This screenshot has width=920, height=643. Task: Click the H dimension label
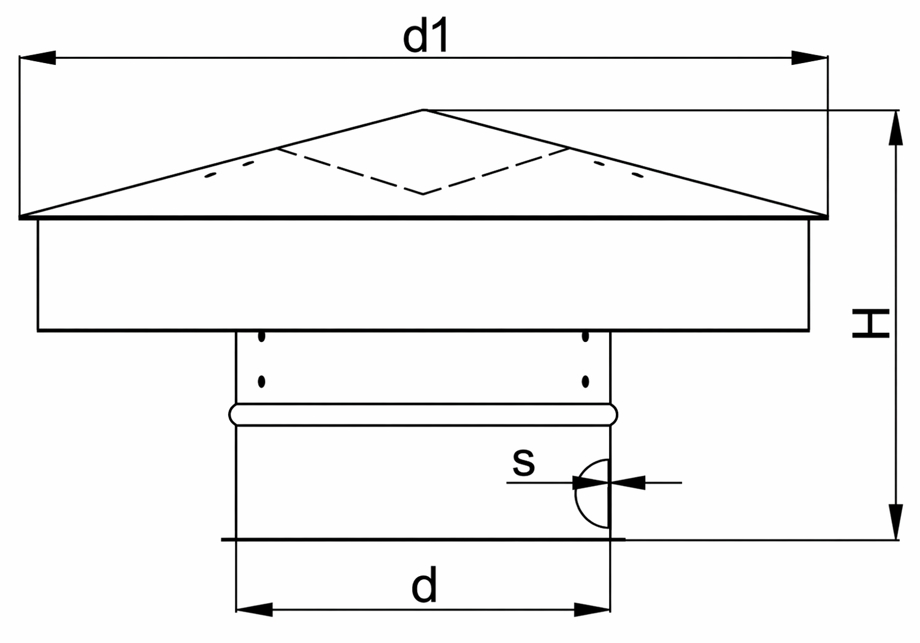[x=871, y=324]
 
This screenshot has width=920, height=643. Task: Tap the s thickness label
[x=524, y=463]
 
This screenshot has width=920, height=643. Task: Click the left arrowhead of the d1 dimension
[x=37, y=58]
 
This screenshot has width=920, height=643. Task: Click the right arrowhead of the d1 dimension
[x=810, y=58]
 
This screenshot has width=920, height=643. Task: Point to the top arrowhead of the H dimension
[x=895, y=127]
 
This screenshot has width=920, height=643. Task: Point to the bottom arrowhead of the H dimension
[x=895, y=522]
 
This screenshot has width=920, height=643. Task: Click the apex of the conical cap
[x=423, y=110]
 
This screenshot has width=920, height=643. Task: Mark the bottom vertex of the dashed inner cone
[x=423, y=194]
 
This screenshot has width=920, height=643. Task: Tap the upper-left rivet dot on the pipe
[x=262, y=337]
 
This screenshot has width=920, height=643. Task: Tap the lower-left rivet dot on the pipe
[x=262, y=382]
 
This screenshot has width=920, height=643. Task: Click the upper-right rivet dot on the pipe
[x=586, y=337]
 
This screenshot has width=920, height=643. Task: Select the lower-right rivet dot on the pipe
[x=586, y=382]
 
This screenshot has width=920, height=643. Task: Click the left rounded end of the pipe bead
[x=232, y=415]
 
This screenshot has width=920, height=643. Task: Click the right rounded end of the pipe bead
[x=614, y=415]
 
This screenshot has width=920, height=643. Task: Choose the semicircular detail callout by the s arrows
[x=576, y=494]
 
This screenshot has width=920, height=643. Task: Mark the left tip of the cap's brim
[x=20, y=217]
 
